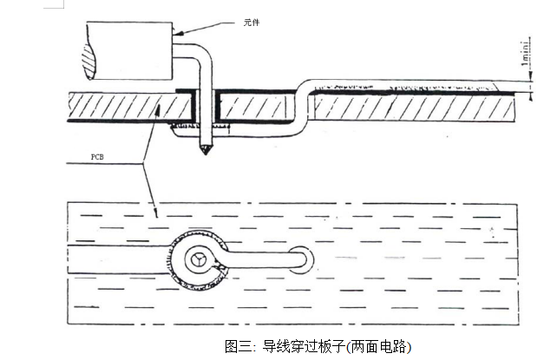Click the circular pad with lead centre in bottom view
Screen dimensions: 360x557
[199, 258]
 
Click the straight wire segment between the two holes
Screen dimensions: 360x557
[256, 258]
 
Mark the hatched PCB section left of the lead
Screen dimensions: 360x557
[121, 108]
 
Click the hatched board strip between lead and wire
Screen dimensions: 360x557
[256, 108]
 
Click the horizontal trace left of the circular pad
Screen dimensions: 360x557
[121, 258]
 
